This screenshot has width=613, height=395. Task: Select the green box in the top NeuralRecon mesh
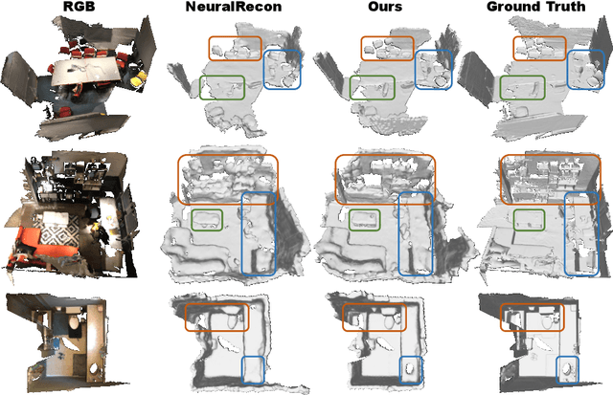click(222, 88)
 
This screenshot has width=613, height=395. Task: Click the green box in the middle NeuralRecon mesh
click(211, 220)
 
